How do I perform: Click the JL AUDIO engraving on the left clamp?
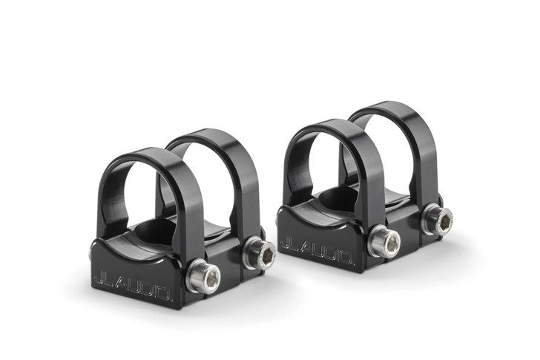click(x=133, y=280)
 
